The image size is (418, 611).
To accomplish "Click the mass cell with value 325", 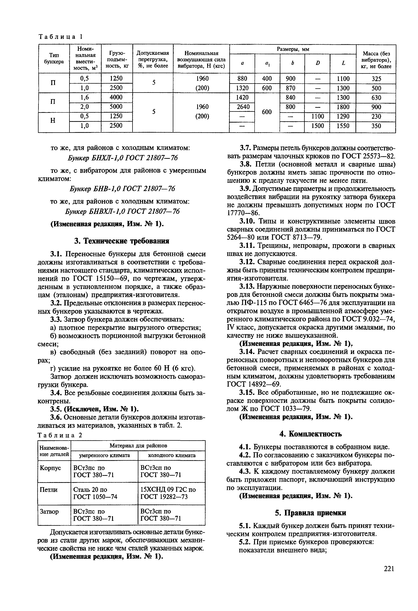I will [x=376, y=79].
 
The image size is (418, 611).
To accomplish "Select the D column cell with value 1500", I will [x=317, y=126].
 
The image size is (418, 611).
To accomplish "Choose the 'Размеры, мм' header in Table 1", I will [x=293, y=49].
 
